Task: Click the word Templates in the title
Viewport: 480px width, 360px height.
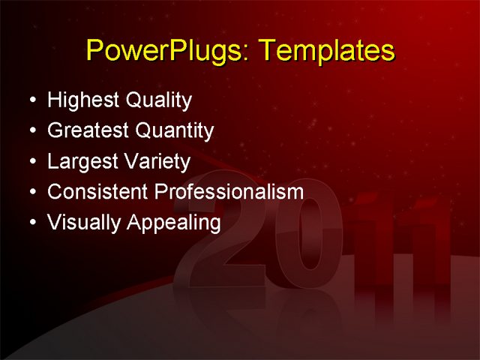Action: [x=325, y=51]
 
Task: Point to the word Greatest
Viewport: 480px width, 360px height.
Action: [x=88, y=131]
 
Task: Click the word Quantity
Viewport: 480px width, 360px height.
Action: [x=175, y=131]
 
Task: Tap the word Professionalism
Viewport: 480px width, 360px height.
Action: [x=229, y=192]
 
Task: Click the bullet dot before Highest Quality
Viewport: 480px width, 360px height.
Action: [x=30, y=100]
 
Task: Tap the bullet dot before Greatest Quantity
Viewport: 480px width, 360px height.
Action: [x=30, y=131]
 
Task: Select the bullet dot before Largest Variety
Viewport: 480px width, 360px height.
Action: [x=30, y=162]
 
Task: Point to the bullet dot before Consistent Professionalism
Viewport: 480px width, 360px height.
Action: [x=30, y=193]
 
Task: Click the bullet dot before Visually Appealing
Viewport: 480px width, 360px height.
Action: [x=30, y=223]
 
